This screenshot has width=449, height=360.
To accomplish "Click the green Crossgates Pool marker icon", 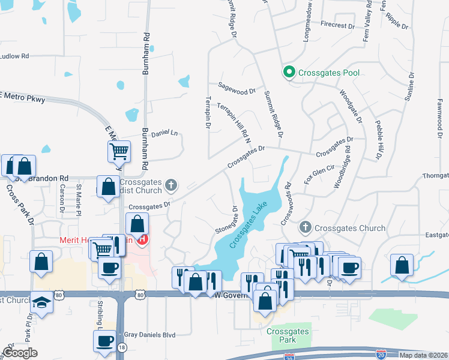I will point(289,73).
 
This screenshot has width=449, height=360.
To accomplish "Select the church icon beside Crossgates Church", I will point(306,228).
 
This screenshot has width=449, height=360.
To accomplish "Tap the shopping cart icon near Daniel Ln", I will point(119,152).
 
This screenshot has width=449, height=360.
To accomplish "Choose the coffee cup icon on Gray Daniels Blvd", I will point(104,341).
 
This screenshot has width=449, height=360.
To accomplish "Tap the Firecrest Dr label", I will point(338,25).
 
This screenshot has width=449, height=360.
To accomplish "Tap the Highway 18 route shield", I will point(122,347).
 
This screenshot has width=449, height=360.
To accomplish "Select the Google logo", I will point(20,353).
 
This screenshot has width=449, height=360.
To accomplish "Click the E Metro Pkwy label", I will point(23,98).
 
